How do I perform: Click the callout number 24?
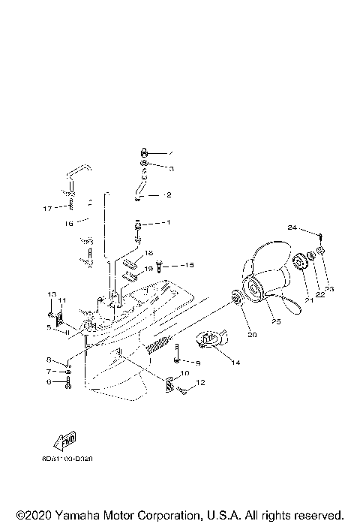click(x=292, y=227)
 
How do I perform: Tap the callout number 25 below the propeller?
click(x=276, y=323)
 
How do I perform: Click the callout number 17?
click(x=47, y=208)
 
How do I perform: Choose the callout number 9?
click(x=197, y=363)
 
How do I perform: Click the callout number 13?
click(x=52, y=294)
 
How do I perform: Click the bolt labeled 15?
click(x=160, y=267)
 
